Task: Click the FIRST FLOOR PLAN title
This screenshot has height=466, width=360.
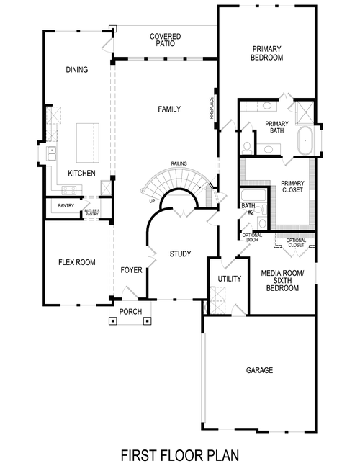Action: click(x=179, y=454)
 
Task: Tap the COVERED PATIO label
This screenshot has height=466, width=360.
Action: click(x=165, y=40)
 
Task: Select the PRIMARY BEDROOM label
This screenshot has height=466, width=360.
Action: click(x=266, y=53)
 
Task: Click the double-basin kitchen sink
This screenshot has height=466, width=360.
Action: click(x=52, y=153)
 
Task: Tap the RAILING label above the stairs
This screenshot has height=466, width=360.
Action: click(x=179, y=164)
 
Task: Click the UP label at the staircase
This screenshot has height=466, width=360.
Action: click(x=152, y=201)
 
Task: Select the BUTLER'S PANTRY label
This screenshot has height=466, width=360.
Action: click(x=92, y=212)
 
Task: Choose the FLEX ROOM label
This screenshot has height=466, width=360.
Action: click(x=76, y=262)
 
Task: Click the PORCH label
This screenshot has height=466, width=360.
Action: click(x=130, y=312)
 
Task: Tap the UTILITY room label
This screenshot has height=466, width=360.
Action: click(x=228, y=279)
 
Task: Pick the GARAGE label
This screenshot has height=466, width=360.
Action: click(x=259, y=370)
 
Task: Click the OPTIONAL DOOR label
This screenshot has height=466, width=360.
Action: click(x=252, y=237)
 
